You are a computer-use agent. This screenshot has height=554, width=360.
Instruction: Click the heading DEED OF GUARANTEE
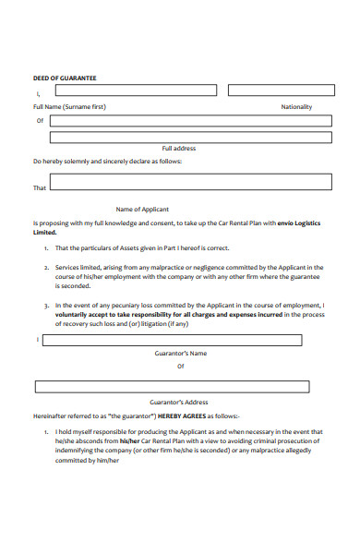[65, 78]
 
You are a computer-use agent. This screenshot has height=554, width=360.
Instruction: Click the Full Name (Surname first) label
[69, 106]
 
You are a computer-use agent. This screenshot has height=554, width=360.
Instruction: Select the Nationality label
[296, 106]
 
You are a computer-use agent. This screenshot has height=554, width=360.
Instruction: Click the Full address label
[179, 148]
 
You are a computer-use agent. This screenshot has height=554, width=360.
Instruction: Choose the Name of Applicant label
[142, 209]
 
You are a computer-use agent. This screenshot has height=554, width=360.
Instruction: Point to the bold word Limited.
[45, 233]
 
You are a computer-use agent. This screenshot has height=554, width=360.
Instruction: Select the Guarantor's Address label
[179, 402]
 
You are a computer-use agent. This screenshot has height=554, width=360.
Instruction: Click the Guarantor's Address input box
[179, 386]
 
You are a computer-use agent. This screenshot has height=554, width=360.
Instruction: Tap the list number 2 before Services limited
[46, 267]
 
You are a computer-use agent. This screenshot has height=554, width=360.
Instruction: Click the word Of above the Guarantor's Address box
[180, 366]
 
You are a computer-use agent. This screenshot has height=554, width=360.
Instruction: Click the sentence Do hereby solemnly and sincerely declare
[107, 161]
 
